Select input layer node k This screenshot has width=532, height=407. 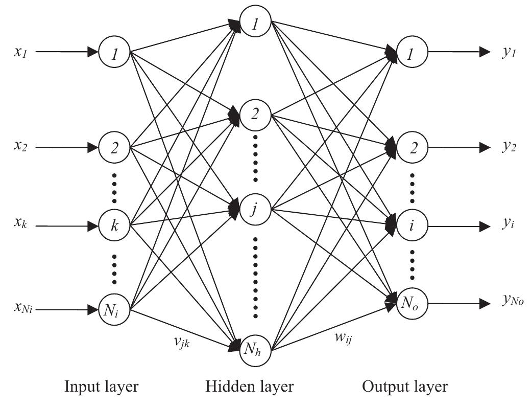(x=115, y=225)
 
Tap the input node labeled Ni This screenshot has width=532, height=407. (x=115, y=309)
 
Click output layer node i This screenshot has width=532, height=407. (x=412, y=225)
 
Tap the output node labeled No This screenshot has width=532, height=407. (x=412, y=303)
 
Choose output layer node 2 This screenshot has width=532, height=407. (x=412, y=148)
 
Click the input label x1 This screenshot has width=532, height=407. (x=21, y=53)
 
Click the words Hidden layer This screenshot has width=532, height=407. (x=250, y=387)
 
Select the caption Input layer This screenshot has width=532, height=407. (x=101, y=387)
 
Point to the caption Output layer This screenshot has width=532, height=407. (x=405, y=387)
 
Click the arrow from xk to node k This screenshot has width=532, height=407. (x=66, y=225)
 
